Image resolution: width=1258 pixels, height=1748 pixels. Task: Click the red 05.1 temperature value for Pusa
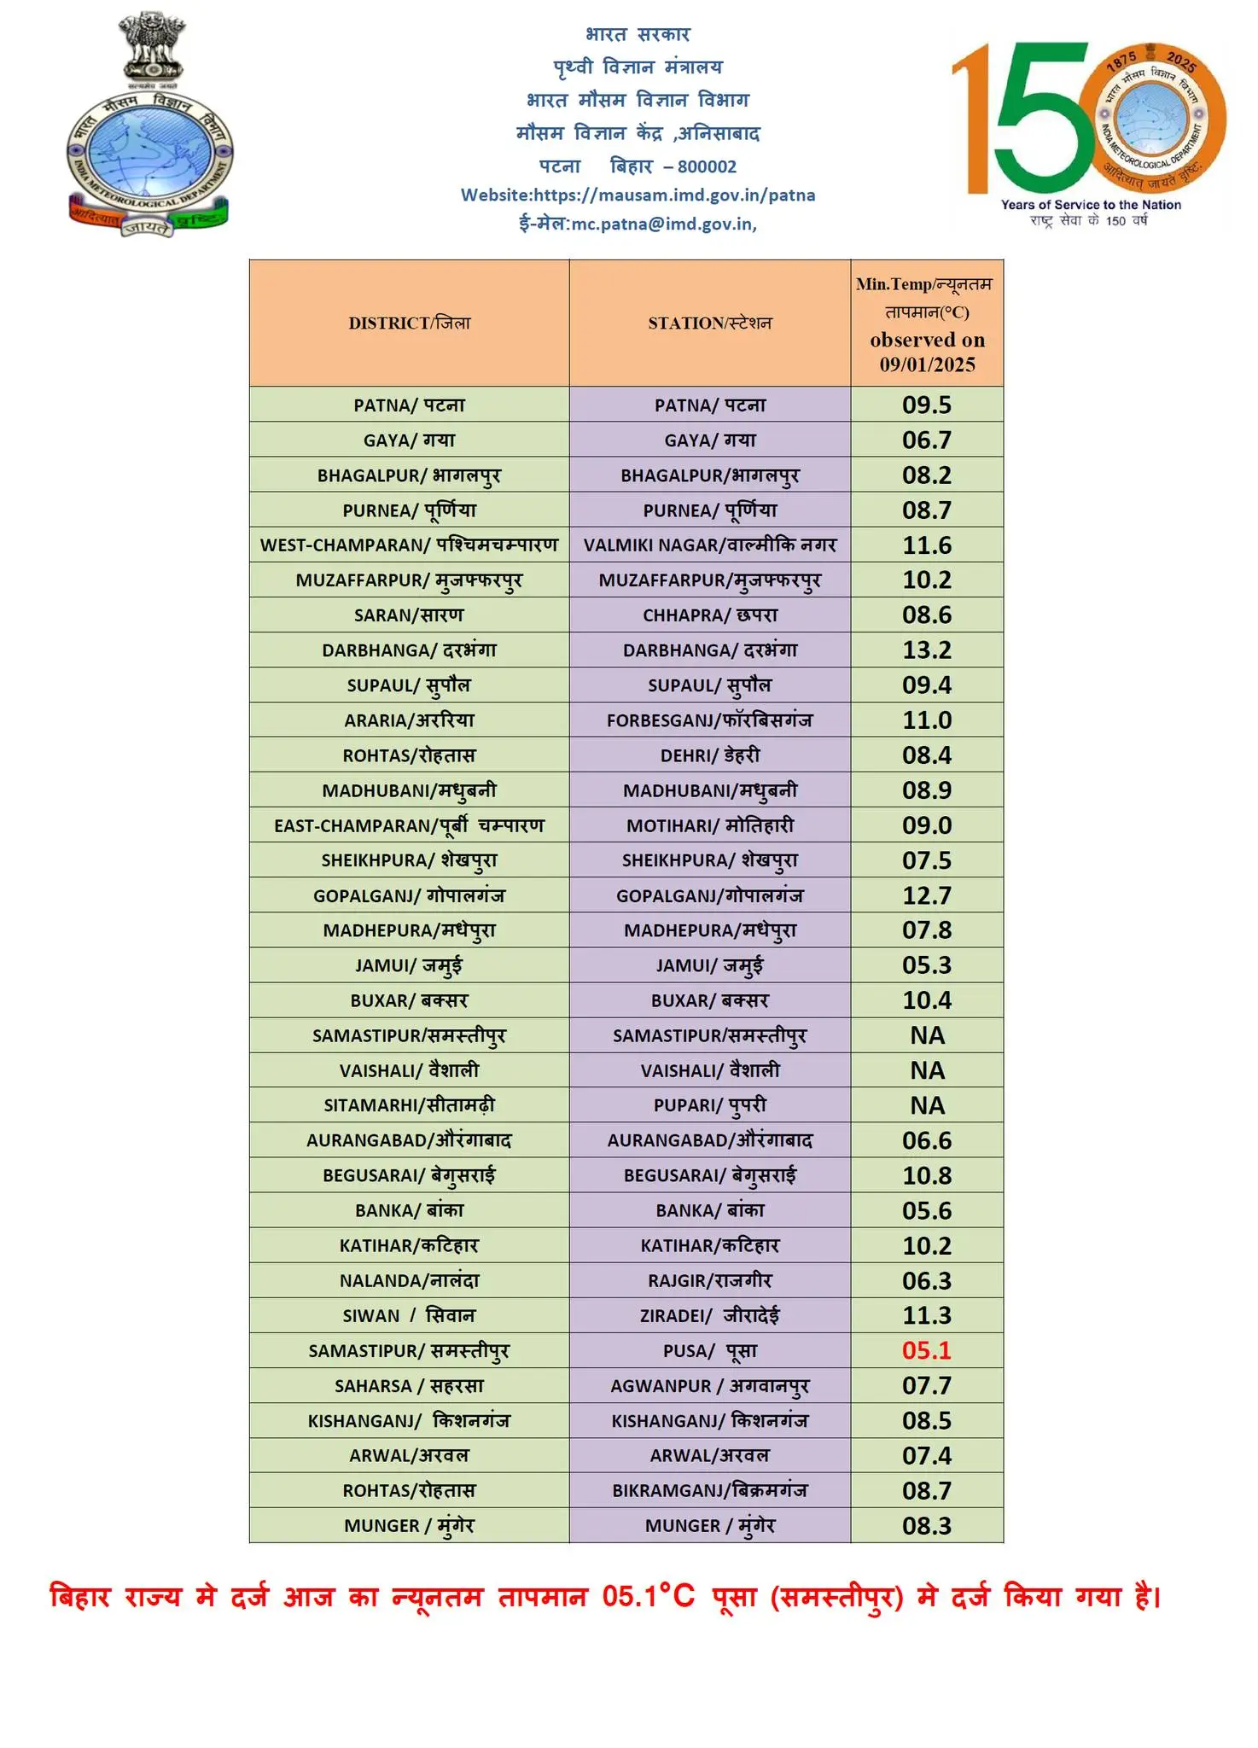pos(926,1350)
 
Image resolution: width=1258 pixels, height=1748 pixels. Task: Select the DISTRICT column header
pos(409,323)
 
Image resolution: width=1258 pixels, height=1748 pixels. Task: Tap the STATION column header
pos(709,323)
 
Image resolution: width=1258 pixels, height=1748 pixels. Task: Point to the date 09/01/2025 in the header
pos(927,364)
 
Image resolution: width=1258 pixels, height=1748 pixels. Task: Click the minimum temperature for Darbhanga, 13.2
pos(926,650)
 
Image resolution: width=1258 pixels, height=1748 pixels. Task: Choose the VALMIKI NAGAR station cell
pos(709,545)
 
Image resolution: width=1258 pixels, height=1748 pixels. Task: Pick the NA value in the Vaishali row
pos(927,1070)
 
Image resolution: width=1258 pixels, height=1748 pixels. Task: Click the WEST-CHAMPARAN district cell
pos(409,545)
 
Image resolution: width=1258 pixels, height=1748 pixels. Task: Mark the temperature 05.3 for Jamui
pos(926,964)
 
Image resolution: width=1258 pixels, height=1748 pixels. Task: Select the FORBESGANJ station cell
pos(709,720)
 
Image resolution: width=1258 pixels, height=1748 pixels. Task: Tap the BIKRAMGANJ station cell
pos(709,1490)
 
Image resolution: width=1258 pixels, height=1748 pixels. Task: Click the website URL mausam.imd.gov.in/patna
pos(674,195)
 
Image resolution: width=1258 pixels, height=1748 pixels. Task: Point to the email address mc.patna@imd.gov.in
pos(662,224)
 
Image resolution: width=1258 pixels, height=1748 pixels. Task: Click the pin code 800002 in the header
pos(707,166)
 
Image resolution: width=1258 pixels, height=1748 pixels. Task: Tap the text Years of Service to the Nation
pos(1091,205)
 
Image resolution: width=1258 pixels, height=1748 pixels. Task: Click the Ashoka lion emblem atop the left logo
pos(152,47)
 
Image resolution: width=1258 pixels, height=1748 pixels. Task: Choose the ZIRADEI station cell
pos(709,1315)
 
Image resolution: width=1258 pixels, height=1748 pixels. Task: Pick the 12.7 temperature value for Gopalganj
pos(926,895)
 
